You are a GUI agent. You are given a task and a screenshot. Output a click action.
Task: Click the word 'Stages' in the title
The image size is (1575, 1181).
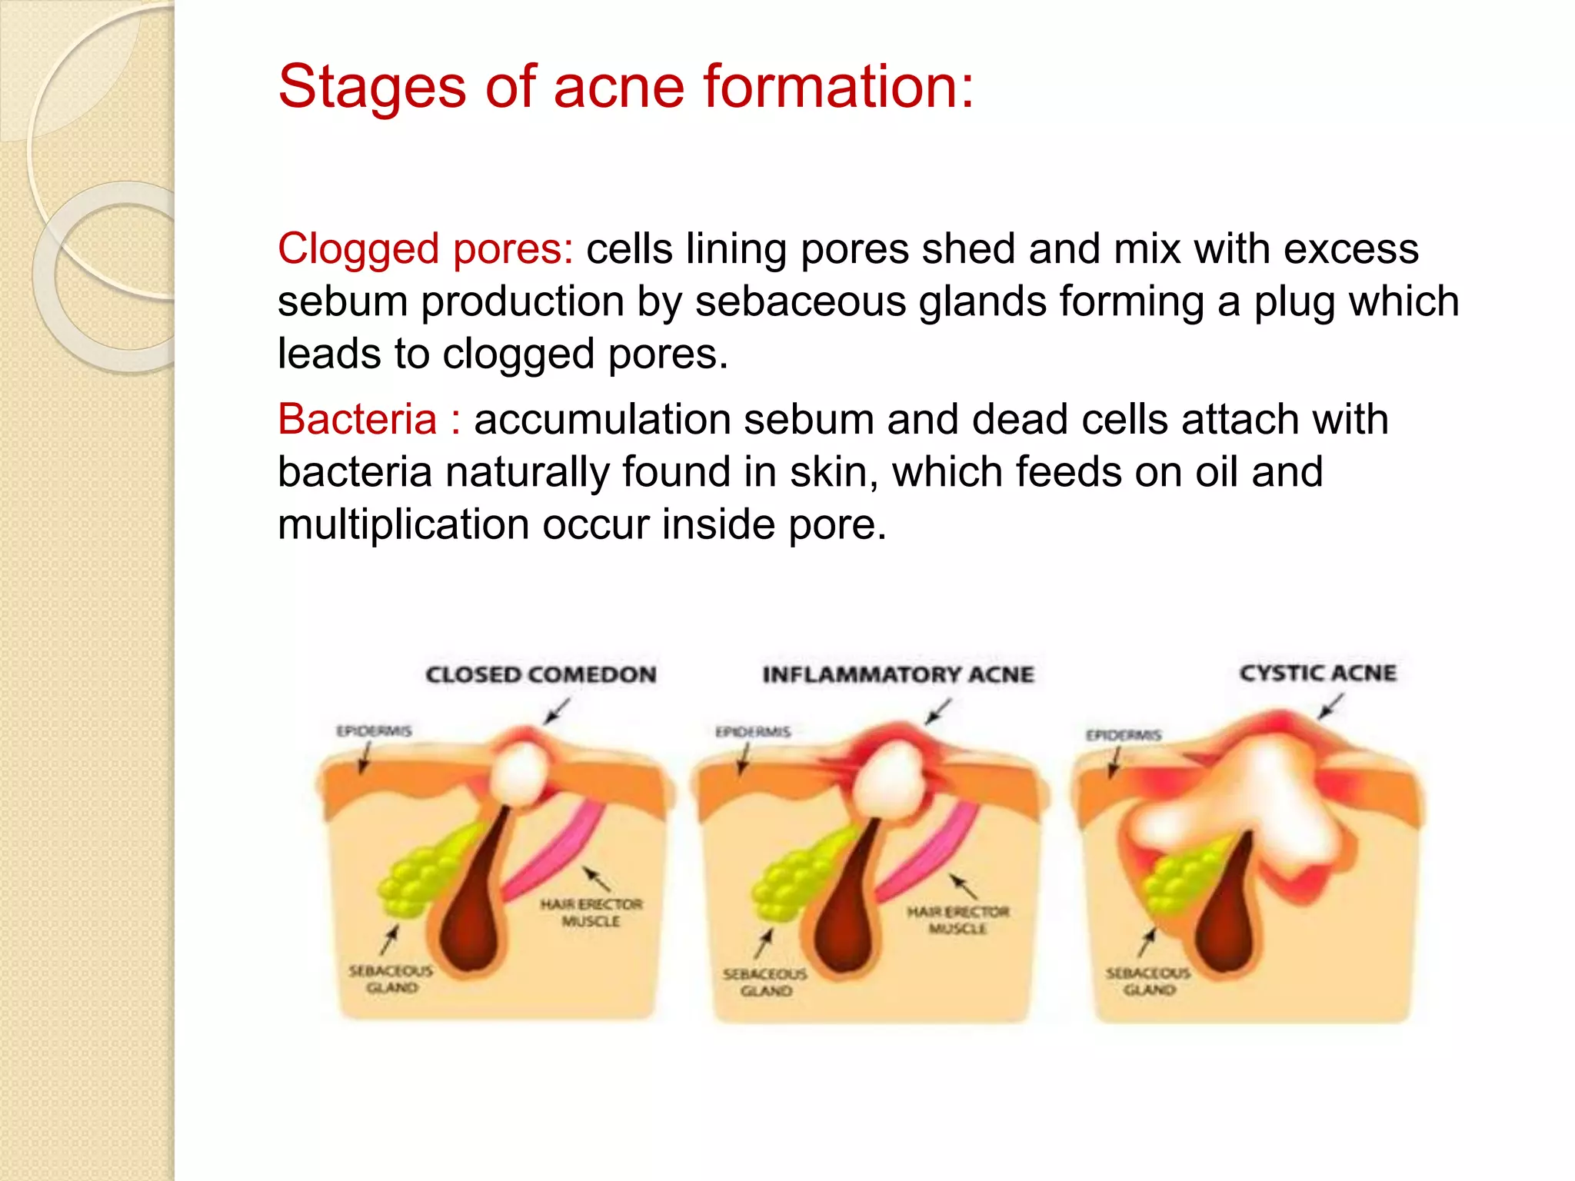[371, 86]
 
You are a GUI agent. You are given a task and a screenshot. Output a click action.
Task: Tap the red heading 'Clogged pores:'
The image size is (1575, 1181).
[425, 249]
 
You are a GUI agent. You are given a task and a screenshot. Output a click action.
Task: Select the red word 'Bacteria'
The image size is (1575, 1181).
[357, 420]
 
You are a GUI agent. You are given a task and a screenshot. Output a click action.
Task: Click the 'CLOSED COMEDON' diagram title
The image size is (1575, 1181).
[541, 674]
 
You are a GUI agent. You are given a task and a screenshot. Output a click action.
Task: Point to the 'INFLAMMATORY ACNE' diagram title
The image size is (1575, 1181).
[897, 674]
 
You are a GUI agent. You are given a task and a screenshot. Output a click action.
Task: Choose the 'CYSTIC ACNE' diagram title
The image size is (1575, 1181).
[1317, 673]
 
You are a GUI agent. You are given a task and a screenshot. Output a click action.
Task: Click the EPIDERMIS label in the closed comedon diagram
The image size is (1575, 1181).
[374, 730]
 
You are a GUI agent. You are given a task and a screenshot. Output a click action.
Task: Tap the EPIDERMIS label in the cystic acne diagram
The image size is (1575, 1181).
[1123, 735]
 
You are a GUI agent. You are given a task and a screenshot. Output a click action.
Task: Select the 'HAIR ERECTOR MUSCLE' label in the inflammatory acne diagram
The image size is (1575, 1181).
[957, 920]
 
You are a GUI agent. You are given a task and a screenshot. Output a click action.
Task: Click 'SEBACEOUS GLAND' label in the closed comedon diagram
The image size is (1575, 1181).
[391, 979]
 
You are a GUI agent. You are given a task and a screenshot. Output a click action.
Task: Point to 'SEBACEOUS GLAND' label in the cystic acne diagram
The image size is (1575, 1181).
[1148, 981]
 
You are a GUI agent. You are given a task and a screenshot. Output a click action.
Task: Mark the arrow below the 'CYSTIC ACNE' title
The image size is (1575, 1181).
[1331, 706]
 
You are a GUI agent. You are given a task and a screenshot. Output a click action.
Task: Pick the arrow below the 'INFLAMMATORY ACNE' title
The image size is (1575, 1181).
[938, 711]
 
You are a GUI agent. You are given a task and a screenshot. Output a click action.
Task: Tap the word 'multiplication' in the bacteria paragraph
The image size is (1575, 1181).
[404, 525]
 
